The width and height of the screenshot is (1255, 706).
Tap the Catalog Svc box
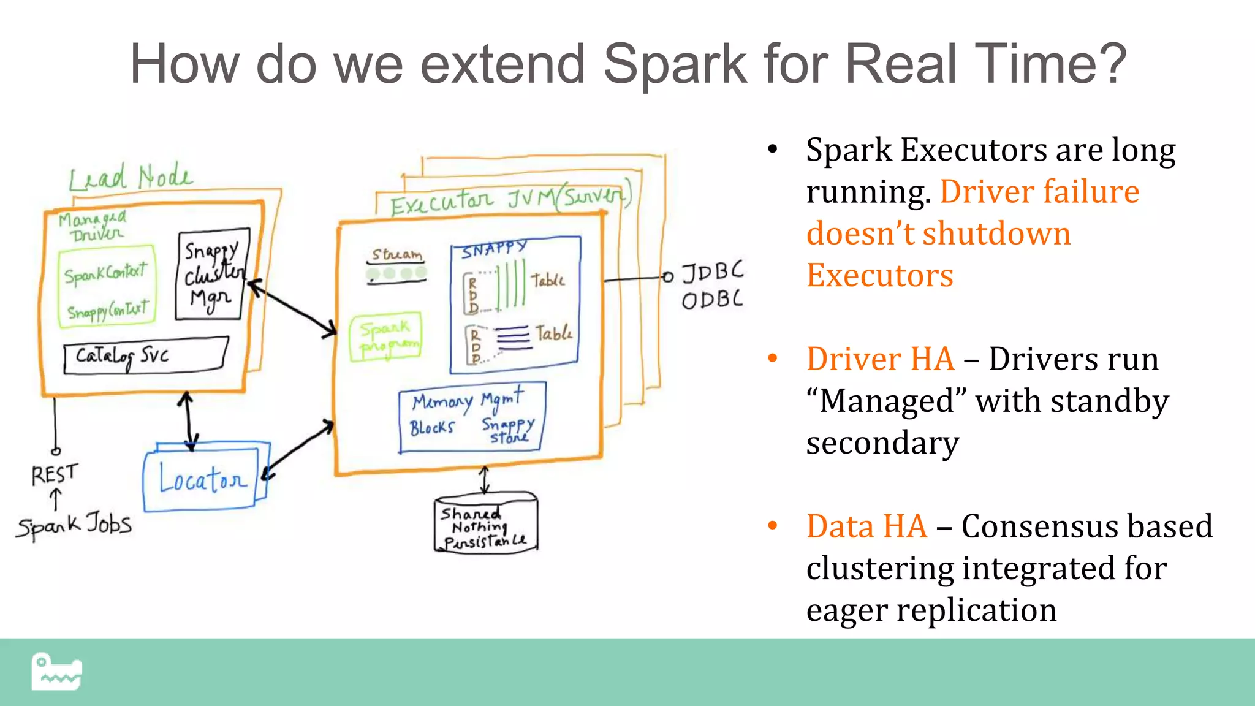[x=146, y=355]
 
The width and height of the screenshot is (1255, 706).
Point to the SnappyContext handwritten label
[x=108, y=311]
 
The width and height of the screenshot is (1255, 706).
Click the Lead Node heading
[x=130, y=178]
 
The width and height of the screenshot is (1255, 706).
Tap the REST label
[x=55, y=474]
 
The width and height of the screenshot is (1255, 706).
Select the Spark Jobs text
[x=74, y=525]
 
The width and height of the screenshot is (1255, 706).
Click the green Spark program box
[x=386, y=336]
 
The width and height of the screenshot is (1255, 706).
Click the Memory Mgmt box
[x=471, y=417]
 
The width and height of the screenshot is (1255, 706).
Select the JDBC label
[x=712, y=271]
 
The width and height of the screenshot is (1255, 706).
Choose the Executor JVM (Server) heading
[x=509, y=200]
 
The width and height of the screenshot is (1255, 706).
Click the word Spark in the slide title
[x=674, y=64]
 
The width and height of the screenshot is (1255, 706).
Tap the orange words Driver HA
[x=880, y=359]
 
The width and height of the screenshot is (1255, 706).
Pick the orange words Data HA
[x=866, y=526]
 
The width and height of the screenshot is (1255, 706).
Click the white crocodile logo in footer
[x=56, y=672]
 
